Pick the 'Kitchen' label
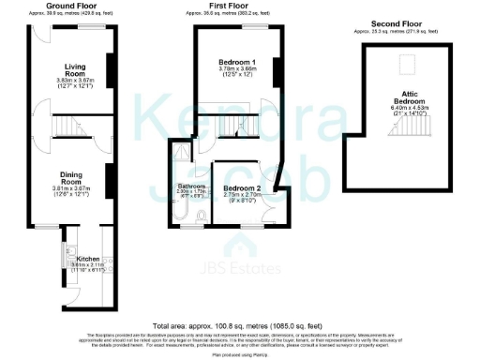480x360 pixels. (x=88, y=258)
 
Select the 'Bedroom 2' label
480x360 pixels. (x=242, y=188)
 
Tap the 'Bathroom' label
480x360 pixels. (x=191, y=187)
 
